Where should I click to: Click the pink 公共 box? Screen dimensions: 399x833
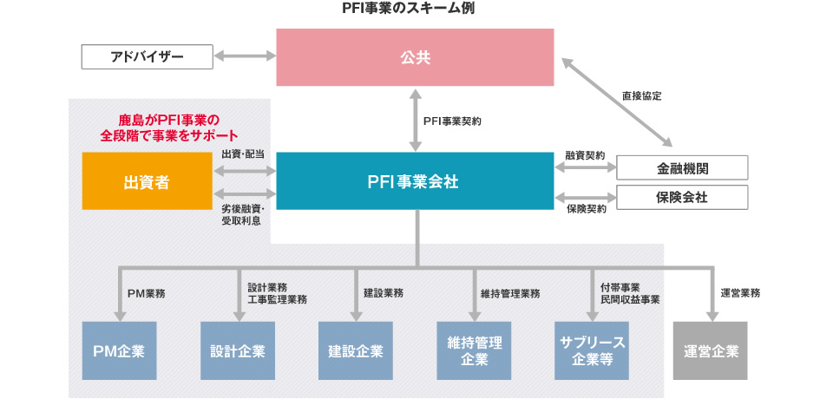[415, 57]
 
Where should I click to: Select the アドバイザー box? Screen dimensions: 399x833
[147, 57]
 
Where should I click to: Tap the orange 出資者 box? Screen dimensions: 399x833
[147, 181]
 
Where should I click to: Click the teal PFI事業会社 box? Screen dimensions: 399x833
[415, 181]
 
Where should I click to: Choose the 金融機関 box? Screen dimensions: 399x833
[681, 168]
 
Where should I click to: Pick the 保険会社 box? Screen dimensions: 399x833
[681, 197]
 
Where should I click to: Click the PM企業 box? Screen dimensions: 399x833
[119, 350]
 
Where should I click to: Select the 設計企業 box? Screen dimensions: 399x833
[237, 350]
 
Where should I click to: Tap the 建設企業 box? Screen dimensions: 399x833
[355, 350]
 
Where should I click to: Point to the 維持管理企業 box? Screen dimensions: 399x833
[474, 350]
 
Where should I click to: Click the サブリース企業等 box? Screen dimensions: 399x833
[592, 350]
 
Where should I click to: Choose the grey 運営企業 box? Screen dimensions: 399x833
[710, 350]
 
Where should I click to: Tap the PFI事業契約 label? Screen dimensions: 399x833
[451, 122]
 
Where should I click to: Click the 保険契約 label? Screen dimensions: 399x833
[585, 209]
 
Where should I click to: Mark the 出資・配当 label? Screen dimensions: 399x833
[243, 154]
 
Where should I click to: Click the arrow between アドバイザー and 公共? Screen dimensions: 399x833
[244, 57]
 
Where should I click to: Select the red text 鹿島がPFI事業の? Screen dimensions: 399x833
[169, 120]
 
